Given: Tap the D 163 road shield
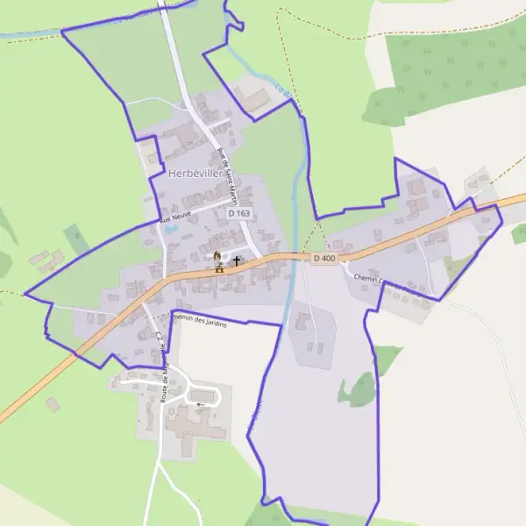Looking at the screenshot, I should [238, 213].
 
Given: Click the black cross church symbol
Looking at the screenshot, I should [237, 260].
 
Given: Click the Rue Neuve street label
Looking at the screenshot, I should [175, 221].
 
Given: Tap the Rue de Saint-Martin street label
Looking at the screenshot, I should [228, 173].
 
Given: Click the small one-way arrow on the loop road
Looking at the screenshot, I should [202, 404].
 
